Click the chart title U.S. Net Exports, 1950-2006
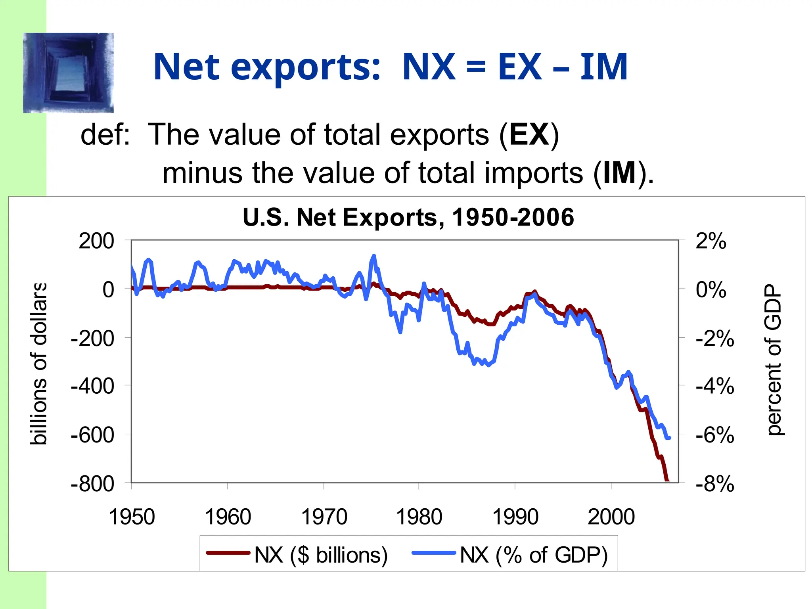pos(408,217)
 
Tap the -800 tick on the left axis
pos(92,484)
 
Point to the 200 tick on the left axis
pos(96,241)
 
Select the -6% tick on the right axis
pos(715,435)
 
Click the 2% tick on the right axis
pos(711,241)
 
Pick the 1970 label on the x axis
pos(324,517)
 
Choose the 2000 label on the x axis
pos(611,517)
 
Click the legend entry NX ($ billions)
pos(320,555)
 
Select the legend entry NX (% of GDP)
pos(533,555)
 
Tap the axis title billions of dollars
pos(39,364)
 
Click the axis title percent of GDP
pos(773,360)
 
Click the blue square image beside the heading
pos(68,73)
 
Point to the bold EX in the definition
pos(529,135)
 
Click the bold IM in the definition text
pos(620,173)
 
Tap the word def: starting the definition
pos(105,135)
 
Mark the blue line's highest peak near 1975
pos(373,256)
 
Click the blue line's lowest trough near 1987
pos(488,365)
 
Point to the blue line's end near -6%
pos(669,438)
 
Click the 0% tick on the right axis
pos(711,290)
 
